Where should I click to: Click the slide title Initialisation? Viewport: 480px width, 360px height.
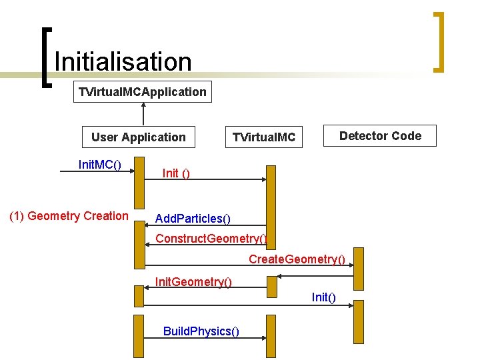123,62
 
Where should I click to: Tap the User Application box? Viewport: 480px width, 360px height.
139,137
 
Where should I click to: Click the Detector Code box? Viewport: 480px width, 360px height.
380,136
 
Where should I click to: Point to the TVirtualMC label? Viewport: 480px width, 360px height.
263,138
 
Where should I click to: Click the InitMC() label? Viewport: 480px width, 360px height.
99,164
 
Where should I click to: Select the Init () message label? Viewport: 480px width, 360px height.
176,173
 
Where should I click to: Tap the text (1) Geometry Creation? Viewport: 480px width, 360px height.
69,216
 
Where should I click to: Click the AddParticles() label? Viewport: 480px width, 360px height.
193,219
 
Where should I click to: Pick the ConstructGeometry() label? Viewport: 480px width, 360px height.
211,239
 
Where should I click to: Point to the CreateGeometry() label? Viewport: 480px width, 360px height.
297,259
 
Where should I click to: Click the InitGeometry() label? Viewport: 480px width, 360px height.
193,282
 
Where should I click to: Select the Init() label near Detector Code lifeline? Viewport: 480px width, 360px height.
323,297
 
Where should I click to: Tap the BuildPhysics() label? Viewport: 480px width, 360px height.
201,331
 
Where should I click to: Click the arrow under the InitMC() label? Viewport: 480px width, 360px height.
97,172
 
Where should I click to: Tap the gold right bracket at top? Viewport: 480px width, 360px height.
438,41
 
